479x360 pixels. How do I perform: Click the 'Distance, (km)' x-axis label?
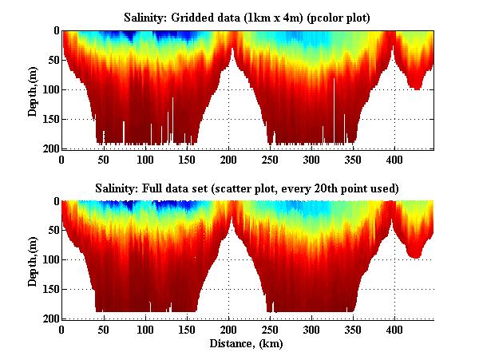pos(247,344)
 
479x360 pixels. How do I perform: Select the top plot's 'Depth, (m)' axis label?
pos(33,89)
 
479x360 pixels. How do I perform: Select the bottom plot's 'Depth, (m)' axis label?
pos(33,259)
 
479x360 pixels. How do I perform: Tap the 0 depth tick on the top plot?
pos(54,30)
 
